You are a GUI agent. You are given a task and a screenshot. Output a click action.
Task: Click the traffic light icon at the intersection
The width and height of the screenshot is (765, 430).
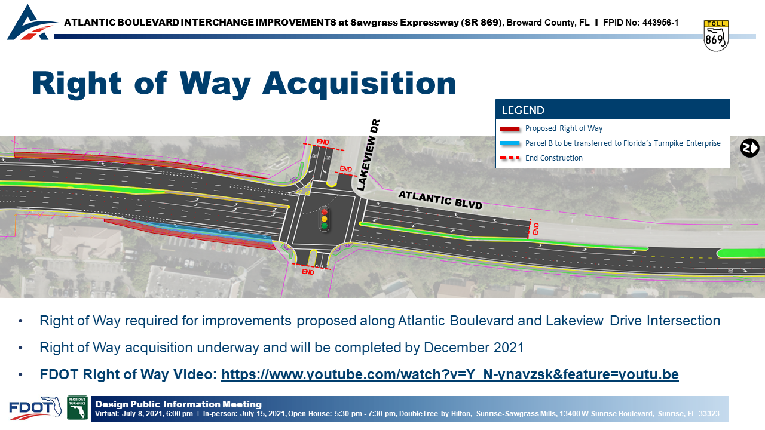tap(324, 219)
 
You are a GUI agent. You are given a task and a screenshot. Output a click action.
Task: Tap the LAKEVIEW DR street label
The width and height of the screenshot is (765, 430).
tap(369, 155)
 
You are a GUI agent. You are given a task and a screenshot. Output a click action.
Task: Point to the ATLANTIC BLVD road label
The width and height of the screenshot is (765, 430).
tap(440, 199)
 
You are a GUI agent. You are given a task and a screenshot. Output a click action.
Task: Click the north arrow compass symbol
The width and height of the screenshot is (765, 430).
tap(749, 148)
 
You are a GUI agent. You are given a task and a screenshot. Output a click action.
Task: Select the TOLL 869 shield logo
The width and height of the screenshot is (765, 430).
tap(716, 36)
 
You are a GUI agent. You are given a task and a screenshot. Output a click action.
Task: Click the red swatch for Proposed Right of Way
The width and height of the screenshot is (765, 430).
tap(510, 128)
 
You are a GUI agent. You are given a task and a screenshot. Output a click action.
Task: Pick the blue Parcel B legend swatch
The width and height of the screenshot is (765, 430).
tap(510, 143)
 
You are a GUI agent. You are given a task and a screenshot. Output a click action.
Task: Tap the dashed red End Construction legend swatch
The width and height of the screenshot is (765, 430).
tap(510, 158)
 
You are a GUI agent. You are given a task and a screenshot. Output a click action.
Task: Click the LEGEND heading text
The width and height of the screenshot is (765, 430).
tap(523, 110)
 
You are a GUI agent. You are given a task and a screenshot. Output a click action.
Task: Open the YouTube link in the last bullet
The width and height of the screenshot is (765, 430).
tap(450, 374)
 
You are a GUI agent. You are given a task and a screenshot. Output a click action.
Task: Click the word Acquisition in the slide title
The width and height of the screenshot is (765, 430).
tap(359, 84)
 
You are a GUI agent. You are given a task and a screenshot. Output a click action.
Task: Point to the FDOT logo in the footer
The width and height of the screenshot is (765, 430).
tap(35, 408)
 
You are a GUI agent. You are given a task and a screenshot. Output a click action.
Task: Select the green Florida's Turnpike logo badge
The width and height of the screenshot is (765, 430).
tap(77, 408)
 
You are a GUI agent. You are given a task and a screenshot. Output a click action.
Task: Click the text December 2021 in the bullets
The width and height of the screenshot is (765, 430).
tap(474, 348)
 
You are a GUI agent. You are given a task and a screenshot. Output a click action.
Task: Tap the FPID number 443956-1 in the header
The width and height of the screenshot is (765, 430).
tap(660, 23)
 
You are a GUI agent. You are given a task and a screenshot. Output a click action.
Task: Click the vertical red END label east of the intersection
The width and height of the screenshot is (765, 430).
tap(535, 228)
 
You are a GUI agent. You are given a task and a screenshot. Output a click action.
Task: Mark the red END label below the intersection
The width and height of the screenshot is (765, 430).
tap(308, 272)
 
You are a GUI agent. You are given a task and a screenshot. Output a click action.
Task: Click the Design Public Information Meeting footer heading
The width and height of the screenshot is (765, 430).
tap(178, 404)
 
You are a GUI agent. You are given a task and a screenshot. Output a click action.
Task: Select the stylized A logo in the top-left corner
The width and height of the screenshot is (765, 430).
tap(32, 23)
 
